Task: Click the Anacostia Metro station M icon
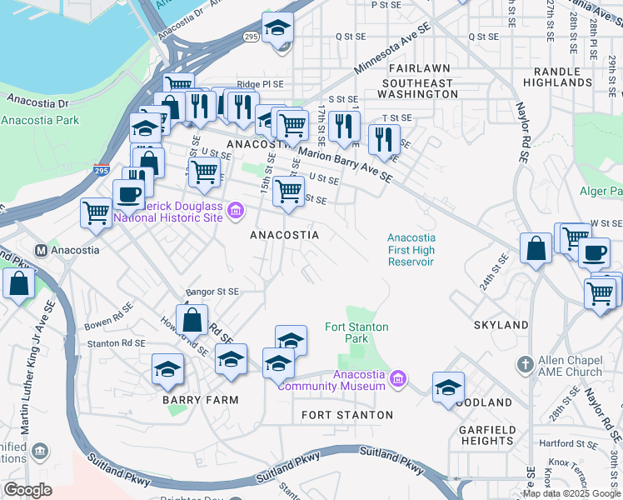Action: [41, 250]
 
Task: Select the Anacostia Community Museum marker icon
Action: [398, 380]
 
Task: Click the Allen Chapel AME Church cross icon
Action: [524, 365]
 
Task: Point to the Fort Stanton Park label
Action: [356, 333]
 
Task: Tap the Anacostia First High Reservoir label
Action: [411, 249]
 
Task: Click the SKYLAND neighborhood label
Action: [501, 324]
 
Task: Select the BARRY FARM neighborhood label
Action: [200, 400]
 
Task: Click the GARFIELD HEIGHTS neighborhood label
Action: [486, 435]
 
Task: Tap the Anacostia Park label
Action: [40, 120]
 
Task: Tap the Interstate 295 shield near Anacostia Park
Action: [102, 170]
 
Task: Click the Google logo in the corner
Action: [27, 490]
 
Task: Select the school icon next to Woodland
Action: [448, 387]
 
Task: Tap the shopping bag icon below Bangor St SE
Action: [192, 319]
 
